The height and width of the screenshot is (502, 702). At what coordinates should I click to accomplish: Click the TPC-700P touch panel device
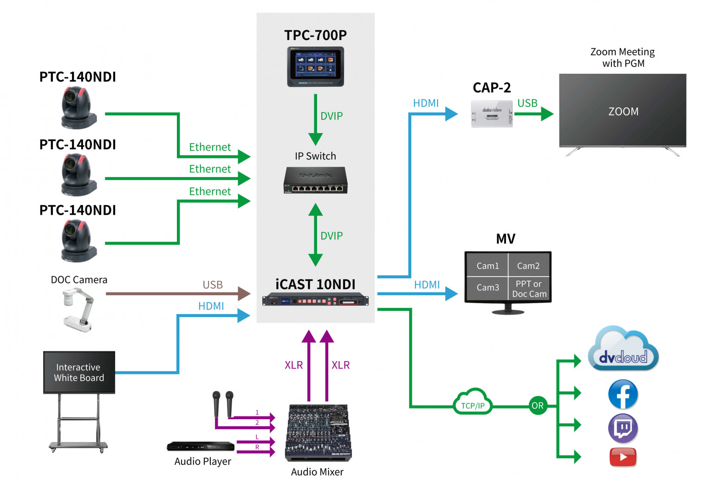click(315, 66)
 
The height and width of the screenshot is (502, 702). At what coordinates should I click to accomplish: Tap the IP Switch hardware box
click(315, 180)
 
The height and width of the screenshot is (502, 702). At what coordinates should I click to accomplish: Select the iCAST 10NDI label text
click(315, 284)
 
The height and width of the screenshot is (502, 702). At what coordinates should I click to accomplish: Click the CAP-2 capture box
click(492, 113)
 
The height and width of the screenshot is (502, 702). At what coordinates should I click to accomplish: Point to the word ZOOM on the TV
click(623, 112)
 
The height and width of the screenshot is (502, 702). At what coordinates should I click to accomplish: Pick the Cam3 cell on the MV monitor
click(487, 288)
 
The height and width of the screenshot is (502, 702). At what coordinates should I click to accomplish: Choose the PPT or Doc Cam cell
click(529, 289)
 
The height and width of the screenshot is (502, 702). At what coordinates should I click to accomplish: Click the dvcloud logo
click(623, 350)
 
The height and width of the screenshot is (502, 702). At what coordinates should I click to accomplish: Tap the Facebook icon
click(623, 395)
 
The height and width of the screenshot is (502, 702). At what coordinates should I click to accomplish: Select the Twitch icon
click(623, 428)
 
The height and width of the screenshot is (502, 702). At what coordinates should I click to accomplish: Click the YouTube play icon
click(623, 457)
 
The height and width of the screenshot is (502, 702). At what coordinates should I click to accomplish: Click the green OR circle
click(538, 406)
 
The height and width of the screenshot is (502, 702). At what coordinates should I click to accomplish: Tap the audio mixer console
click(318, 432)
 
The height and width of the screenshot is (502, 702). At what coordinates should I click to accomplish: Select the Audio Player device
click(201, 446)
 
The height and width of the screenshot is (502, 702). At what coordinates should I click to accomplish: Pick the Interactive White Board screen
click(79, 372)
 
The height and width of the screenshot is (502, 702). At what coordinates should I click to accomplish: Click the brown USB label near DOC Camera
click(213, 284)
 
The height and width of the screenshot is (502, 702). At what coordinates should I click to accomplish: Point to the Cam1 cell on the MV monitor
click(487, 266)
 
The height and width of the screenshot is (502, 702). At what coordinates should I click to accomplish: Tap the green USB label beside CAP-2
click(527, 103)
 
